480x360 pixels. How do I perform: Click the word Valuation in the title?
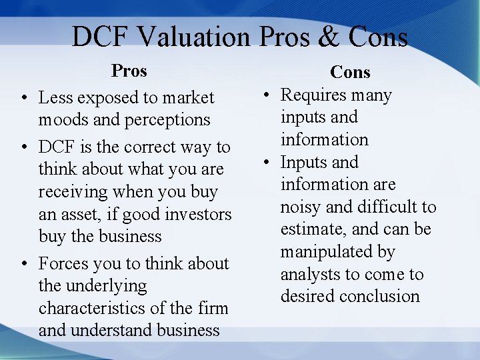[x=194, y=37]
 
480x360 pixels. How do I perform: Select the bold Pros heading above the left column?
[x=129, y=71]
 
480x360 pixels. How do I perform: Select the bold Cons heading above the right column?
[x=350, y=72]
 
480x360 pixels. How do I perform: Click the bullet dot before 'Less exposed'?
[x=23, y=98]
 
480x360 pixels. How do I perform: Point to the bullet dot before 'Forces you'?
[x=23, y=264]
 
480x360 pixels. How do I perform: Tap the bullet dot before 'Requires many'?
[x=265, y=95]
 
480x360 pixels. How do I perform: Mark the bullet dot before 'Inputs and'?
[x=265, y=163]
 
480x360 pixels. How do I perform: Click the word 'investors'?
[x=198, y=215]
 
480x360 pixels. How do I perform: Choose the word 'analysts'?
[x=309, y=275]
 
